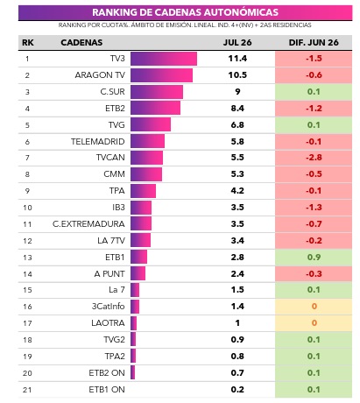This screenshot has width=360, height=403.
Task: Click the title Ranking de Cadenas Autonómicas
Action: pyautogui.click(x=185, y=12)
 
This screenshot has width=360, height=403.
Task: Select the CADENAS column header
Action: pyautogui.click(x=81, y=43)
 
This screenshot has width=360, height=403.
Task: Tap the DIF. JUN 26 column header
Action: pyautogui.click(x=314, y=43)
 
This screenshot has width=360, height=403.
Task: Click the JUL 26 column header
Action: pyautogui.click(x=237, y=43)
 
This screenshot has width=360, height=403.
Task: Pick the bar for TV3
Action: pyautogui.click(x=164, y=59)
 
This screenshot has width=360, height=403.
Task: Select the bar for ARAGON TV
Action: pyautogui.click(x=161, y=75)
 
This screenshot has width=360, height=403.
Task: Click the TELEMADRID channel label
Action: pyautogui.click(x=98, y=142)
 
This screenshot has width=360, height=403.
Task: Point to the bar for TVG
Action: pyautogui.click(x=151, y=125)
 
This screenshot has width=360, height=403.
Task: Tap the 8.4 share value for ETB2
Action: pyautogui.click(x=237, y=109)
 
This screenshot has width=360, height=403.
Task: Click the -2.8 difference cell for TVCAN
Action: pyautogui.click(x=314, y=158)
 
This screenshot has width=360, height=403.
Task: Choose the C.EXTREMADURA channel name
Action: pyautogui.click(x=88, y=224)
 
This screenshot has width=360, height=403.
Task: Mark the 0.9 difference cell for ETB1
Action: pyautogui.click(x=314, y=258)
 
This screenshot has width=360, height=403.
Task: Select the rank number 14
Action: pyautogui.click(x=27, y=274)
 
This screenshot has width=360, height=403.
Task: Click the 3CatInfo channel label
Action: pyautogui.click(x=108, y=307)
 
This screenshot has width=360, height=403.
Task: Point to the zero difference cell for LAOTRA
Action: pyautogui.click(x=314, y=323)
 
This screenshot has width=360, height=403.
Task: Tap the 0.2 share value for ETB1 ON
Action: pyautogui.click(x=237, y=390)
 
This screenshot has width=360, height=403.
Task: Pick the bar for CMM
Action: pyautogui.click(x=146, y=174)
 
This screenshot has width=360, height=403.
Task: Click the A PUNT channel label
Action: pyautogui.click(x=109, y=274)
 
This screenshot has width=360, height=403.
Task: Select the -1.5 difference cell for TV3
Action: pyautogui.click(x=314, y=59)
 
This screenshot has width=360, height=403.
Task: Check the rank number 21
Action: pyautogui.click(x=27, y=390)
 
